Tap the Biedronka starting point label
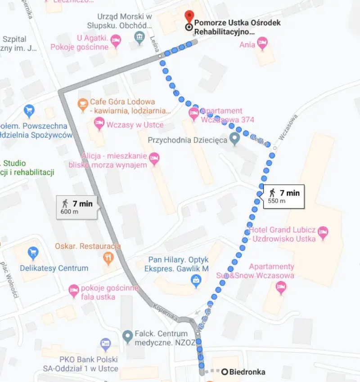click(x=247, y=372)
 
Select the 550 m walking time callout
click(x=284, y=196)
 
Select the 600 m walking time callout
click(x=76, y=207)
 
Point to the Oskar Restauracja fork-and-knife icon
click(x=108, y=258)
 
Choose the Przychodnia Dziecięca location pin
click(x=234, y=139)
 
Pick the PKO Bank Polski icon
click(x=105, y=345)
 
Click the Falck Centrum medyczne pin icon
click(x=128, y=335)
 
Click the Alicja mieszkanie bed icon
click(x=154, y=158)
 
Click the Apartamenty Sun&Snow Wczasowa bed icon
click(x=281, y=286)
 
